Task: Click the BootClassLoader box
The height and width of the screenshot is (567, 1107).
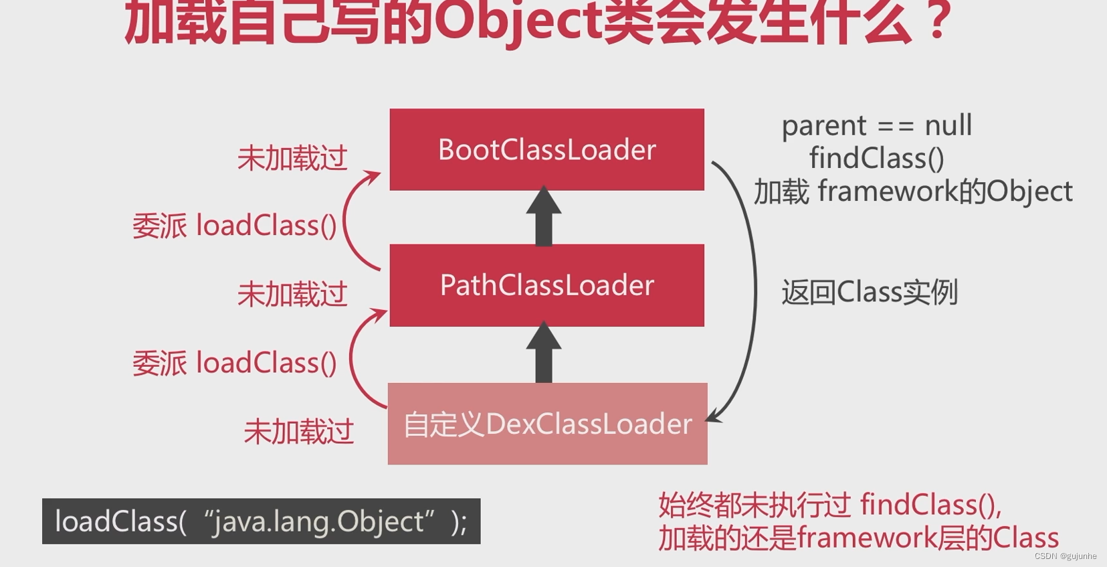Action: pyautogui.click(x=546, y=149)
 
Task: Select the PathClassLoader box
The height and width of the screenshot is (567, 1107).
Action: pyautogui.click(x=546, y=285)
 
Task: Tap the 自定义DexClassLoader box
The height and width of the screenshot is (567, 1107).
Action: pyautogui.click(x=547, y=424)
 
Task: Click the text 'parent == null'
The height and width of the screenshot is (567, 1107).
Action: pyautogui.click(x=876, y=126)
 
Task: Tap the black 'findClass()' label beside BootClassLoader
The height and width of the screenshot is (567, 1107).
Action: pyautogui.click(x=876, y=159)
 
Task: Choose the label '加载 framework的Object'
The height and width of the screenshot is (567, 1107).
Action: pyautogui.click(x=913, y=191)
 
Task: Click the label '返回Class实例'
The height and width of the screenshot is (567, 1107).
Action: pyautogui.click(x=870, y=293)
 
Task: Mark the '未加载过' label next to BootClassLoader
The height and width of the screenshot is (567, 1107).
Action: pyautogui.click(x=292, y=159)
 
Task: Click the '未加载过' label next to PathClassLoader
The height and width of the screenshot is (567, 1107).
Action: pyautogui.click(x=292, y=295)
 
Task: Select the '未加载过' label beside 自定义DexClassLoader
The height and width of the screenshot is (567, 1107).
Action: pyautogui.click(x=298, y=432)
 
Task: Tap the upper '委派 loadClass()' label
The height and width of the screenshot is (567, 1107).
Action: pyautogui.click(x=234, y=226)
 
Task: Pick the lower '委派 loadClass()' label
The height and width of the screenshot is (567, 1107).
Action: pyautogui.click(x=234, y=363)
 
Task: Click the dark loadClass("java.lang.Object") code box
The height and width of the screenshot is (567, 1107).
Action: pyautogui.click(x=261, y=521)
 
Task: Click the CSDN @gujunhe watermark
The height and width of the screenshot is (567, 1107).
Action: pyautogui.click(x=1065, y=556)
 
